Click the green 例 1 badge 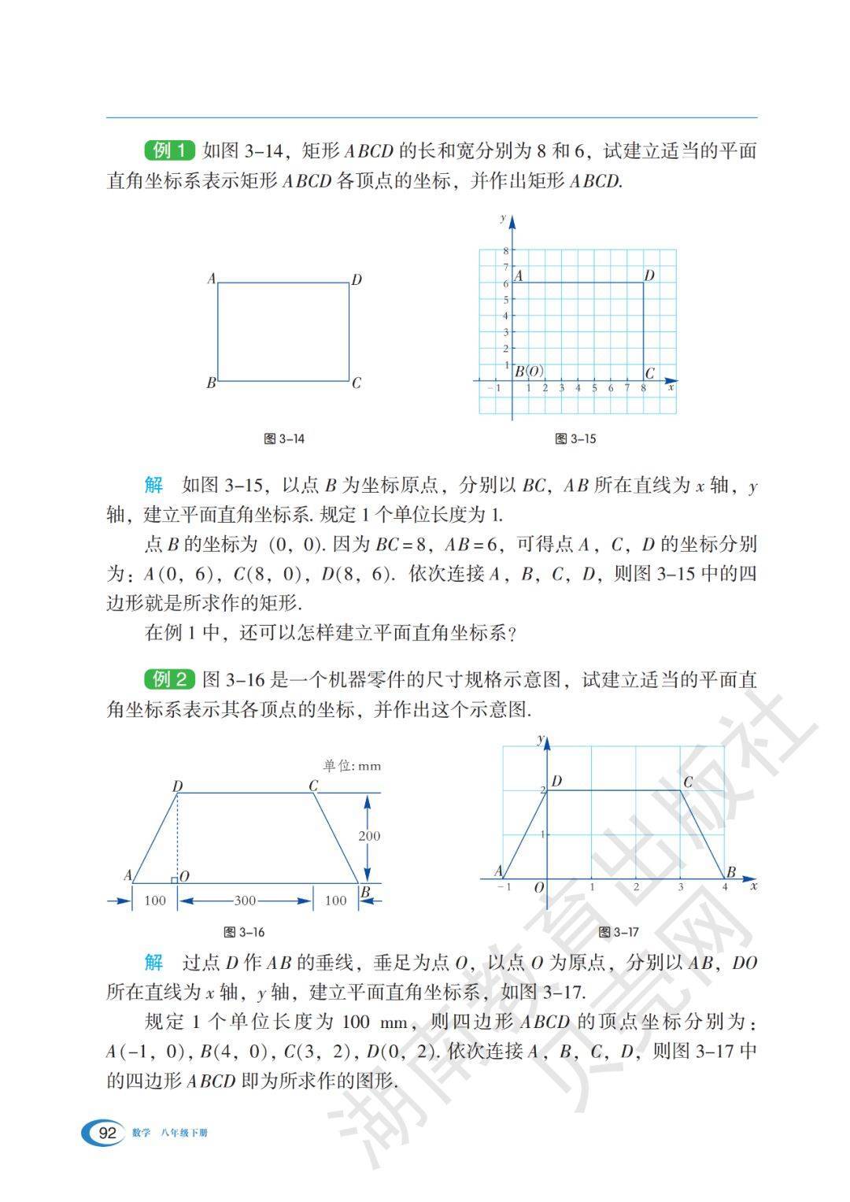pos(169,150)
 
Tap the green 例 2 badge pos(169,679)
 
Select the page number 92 pos(106,1134)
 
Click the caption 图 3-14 pos(284,439)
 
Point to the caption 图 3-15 pos(575,439)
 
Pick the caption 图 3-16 pos(244,932)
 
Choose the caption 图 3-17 pos(619,932)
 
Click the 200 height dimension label pos(369,836)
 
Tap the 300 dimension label pos(245,901)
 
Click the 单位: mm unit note pos(351,765)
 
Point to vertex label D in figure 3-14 pos(357,279)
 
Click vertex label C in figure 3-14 pos(357,383)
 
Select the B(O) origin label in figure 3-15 pos(529,372)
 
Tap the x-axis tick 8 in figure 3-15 pos(643,388)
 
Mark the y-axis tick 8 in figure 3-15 pos(505,250)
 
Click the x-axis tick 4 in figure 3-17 pos(726,887)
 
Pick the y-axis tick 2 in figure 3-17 pos(541,790)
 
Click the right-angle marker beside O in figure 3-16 pos(174,879)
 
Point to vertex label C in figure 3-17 pos(688,782)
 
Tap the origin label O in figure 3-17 pos(539,888)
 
